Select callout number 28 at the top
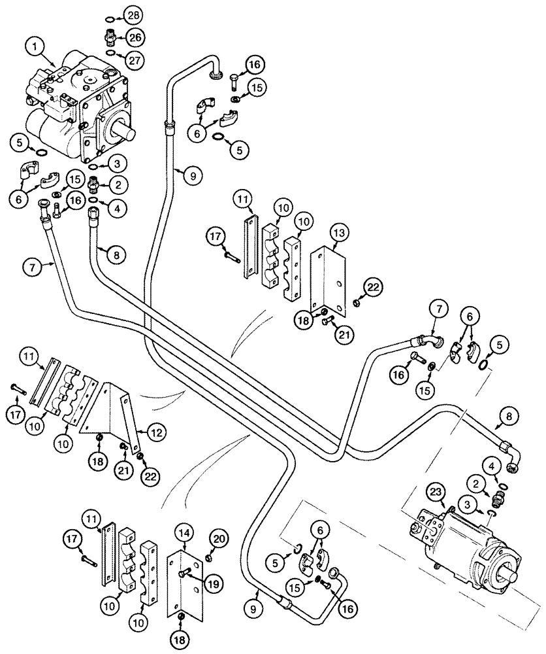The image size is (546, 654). tap(133, 14)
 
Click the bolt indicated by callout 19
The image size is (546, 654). tap(185, 573)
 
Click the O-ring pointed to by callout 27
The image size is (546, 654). tap(111, 53)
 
